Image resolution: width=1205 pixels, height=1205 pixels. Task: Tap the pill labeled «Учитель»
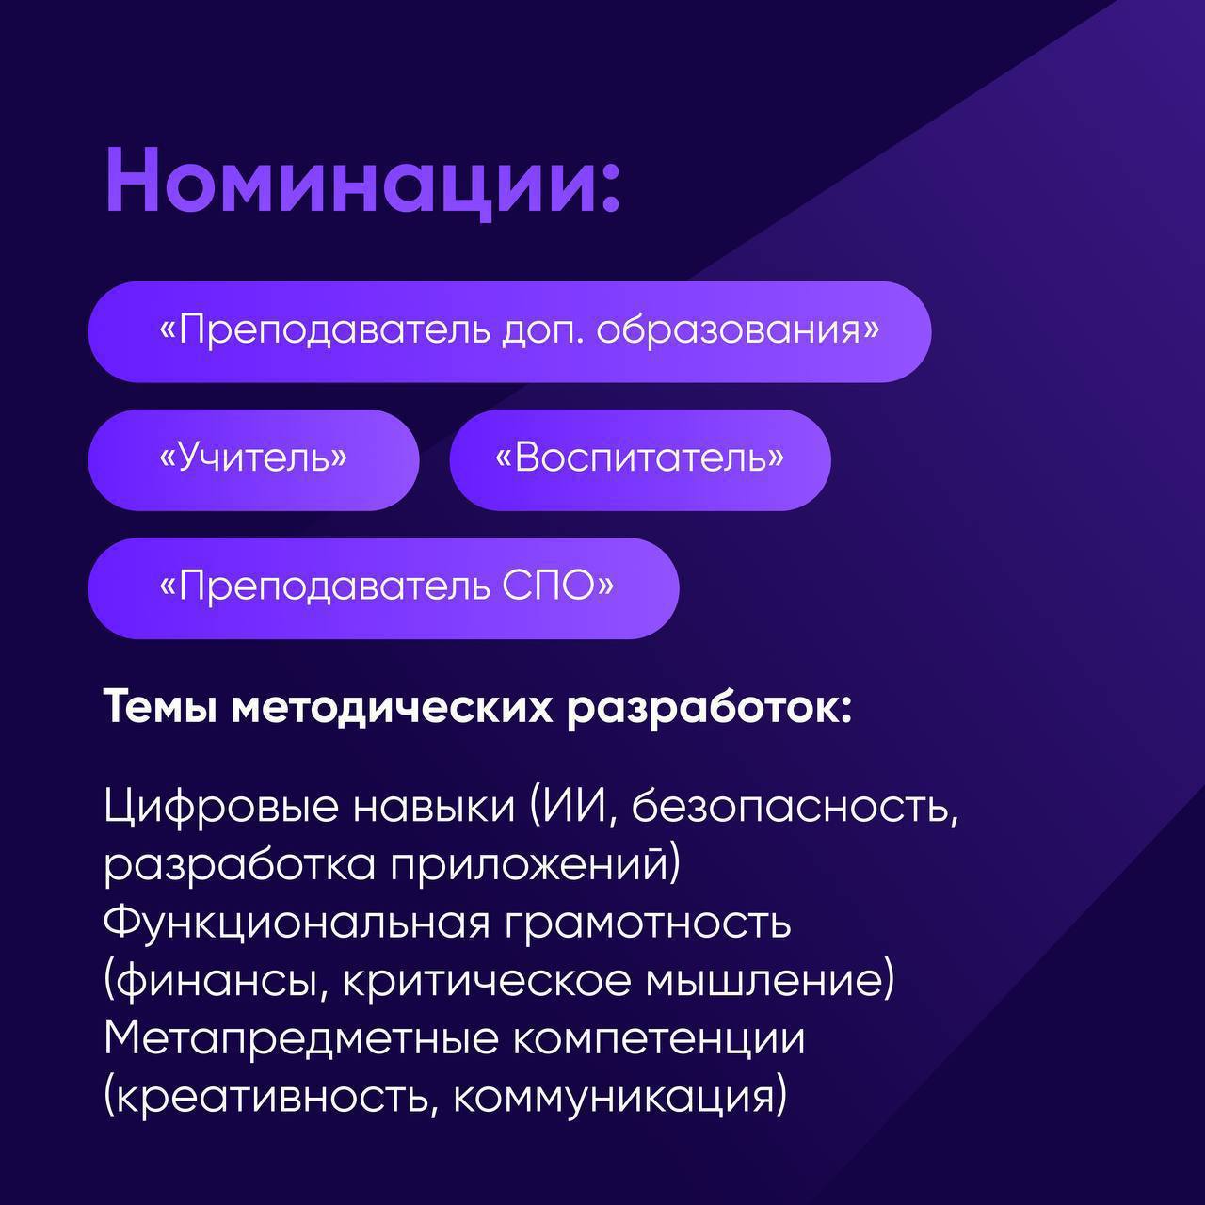click(253, 459)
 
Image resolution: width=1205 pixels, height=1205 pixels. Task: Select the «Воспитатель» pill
click(640, 459)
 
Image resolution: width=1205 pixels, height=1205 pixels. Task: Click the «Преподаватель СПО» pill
click(383, 587)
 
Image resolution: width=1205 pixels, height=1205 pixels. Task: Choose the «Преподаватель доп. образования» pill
click(509, 331)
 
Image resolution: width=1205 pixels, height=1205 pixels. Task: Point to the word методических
click(392, 711)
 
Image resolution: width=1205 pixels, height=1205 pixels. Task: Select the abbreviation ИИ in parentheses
click(569, 807)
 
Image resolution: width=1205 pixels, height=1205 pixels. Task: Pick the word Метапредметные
click(301, 1042)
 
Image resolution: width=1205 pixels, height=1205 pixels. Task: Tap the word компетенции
click(659, 1042)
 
